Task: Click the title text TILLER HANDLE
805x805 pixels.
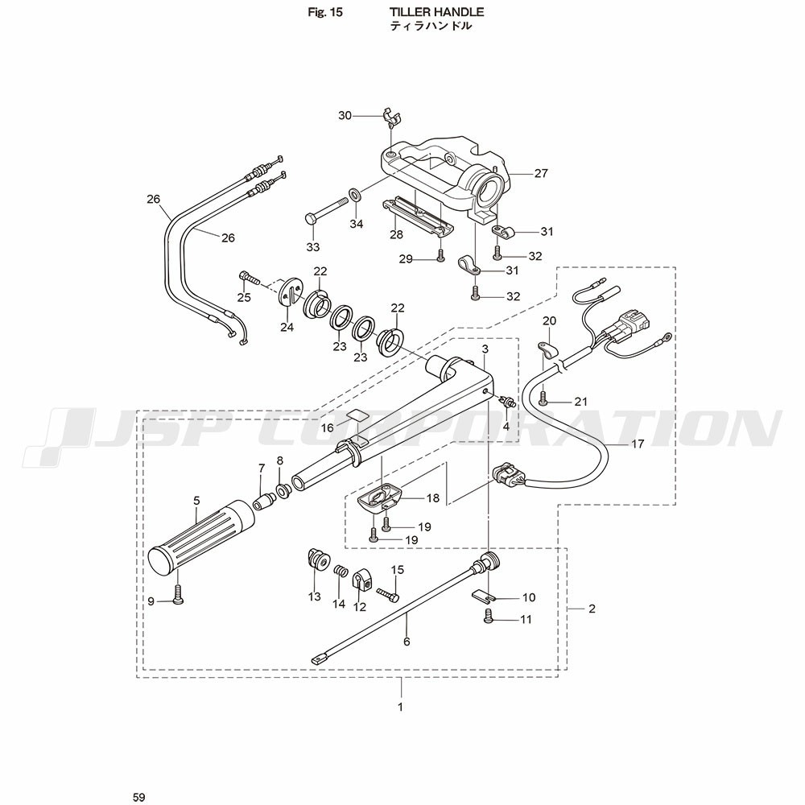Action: click(x=437, y=12)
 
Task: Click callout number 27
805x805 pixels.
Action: click(x=540, y=172)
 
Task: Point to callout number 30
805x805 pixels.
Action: click(x=345, y=115)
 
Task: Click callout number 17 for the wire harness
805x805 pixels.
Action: click(x=638, y=444)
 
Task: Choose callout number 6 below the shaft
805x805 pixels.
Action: click(x=407, y=642)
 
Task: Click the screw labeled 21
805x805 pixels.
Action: click(x=543, y=397)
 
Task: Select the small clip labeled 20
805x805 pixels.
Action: click(x=547, y=349)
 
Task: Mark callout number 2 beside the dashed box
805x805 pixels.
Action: click(x=592, y=609)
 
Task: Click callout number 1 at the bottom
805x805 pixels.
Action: click(x=400, y=708)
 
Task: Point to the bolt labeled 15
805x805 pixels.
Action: click(x=388, y=595)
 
